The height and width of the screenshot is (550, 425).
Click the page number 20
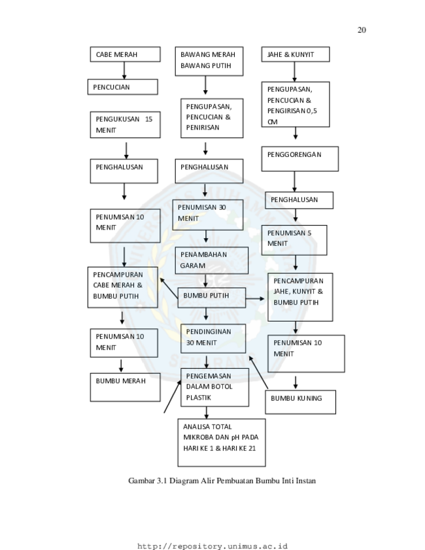[362, 30]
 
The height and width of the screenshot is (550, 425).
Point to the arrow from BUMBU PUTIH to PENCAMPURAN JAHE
[255, 299]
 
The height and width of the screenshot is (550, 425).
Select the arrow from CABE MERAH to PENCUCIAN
[124, 71]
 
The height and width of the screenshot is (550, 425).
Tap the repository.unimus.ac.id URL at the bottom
[212, 546]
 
